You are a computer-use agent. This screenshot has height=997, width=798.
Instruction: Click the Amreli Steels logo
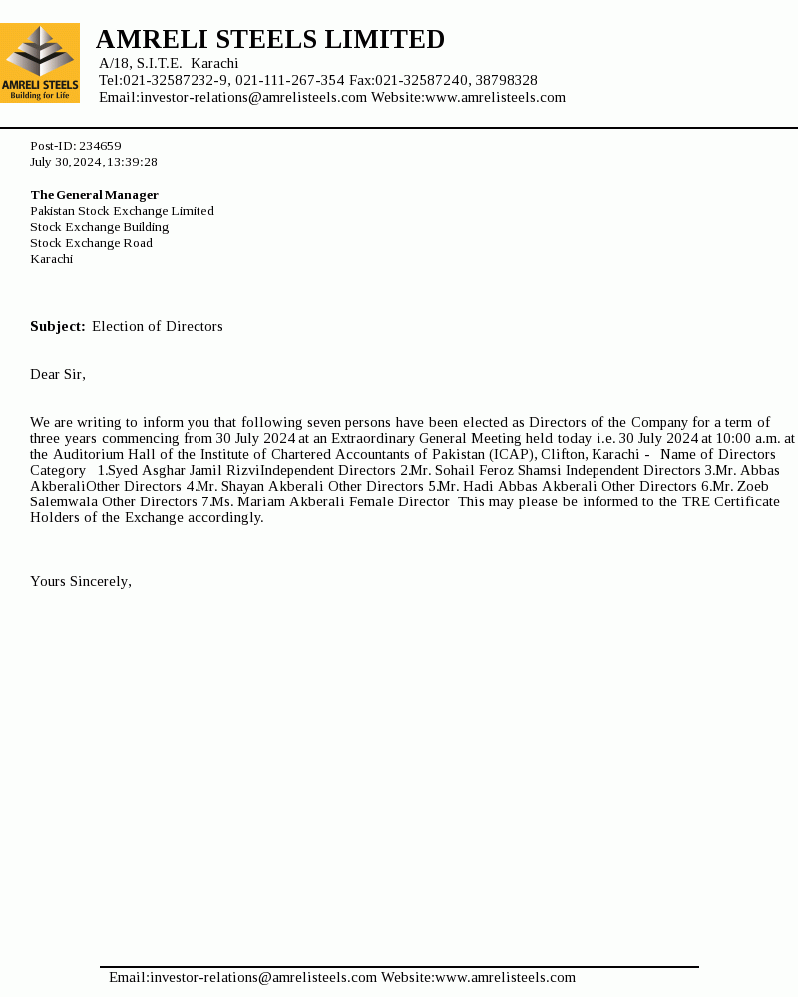40,63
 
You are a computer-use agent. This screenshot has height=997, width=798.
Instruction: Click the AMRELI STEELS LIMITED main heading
270,40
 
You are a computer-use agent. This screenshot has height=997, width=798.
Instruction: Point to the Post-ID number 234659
100,146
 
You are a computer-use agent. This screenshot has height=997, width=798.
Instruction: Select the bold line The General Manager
94,195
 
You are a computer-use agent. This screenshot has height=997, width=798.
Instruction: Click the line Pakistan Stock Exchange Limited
122,211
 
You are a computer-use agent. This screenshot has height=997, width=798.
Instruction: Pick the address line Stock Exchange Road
91,243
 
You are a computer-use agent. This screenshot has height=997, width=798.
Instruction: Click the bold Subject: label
58,327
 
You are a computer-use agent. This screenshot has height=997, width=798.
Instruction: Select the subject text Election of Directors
158,327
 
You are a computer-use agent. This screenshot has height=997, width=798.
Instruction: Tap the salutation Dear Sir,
58,375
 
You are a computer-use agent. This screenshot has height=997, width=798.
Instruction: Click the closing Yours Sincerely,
81,582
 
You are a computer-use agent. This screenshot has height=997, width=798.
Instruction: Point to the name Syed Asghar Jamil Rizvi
185,471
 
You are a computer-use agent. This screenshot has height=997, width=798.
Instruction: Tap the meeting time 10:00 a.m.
750,439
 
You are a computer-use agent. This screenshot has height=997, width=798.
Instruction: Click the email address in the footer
242,978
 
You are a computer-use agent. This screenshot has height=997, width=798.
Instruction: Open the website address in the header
495,98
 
